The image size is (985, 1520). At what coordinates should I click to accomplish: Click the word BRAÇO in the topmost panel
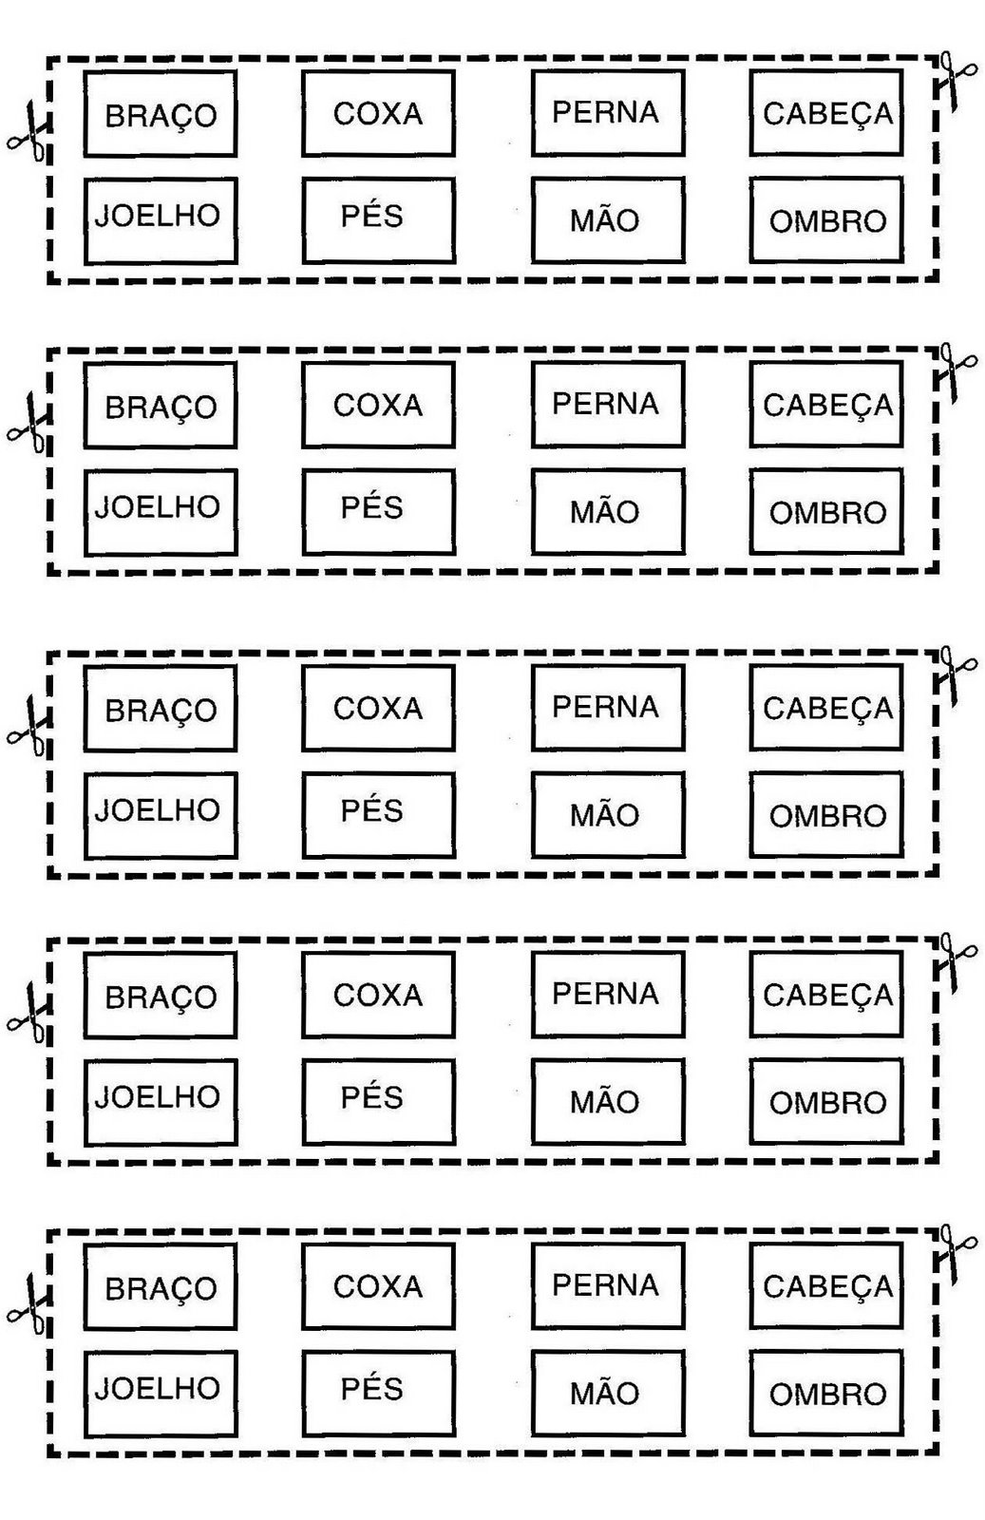[161, 115]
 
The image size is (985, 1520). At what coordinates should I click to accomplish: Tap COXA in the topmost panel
[378, 113]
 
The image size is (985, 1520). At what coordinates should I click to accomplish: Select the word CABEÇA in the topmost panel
[827, 114]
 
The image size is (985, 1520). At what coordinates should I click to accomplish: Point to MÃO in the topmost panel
[605, 220]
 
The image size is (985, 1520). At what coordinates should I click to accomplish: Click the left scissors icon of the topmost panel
[28, 134]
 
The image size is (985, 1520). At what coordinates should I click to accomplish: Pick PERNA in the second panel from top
[606, 404]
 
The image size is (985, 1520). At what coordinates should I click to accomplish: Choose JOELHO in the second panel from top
[158, 506]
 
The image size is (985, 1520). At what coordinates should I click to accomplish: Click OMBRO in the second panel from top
[827, 513]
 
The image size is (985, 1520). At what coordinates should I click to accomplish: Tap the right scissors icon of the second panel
[955, 371]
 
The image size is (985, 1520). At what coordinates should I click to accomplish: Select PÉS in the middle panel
[372, 810]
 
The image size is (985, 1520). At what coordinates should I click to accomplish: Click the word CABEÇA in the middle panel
[827, 709]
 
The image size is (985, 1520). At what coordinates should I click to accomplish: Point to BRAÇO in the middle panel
[161, 710]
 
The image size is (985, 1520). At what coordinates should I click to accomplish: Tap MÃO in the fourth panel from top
[605, 1102]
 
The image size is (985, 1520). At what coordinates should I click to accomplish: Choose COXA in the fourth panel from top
[378, 995]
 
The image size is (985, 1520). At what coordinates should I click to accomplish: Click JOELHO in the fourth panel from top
[158, 1097]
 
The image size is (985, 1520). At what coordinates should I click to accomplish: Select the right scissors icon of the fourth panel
[955, 962]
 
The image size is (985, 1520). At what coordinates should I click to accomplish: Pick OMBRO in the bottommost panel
[827, 1395]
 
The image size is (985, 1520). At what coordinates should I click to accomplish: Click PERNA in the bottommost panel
[606, 1285]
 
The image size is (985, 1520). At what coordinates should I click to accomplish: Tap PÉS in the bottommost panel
[372, 1389]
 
